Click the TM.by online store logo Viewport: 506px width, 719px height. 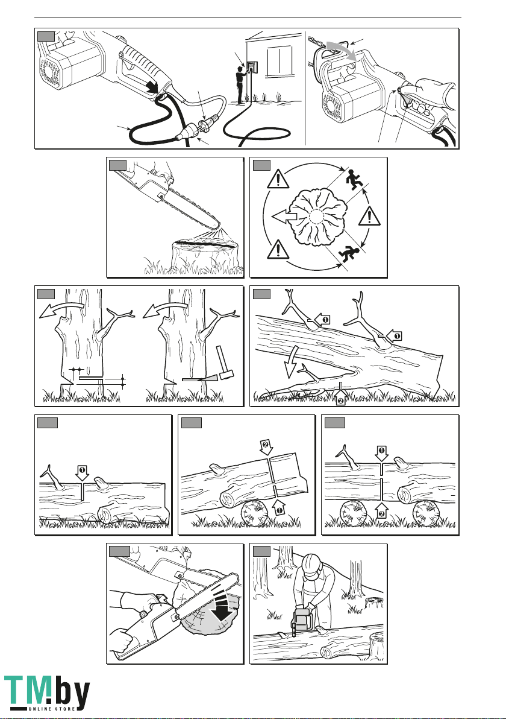pos(47,692)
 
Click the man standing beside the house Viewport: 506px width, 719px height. pos(240,85)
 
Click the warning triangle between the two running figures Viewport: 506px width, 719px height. pos(369,215)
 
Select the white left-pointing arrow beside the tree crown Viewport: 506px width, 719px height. pos(284,216)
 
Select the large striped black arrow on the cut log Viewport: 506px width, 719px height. pos(223,606)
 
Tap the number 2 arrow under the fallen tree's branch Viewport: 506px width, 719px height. pos(341,393)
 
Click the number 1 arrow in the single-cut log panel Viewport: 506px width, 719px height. pos(82,474)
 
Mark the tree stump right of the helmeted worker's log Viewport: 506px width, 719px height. pos(376,647)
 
